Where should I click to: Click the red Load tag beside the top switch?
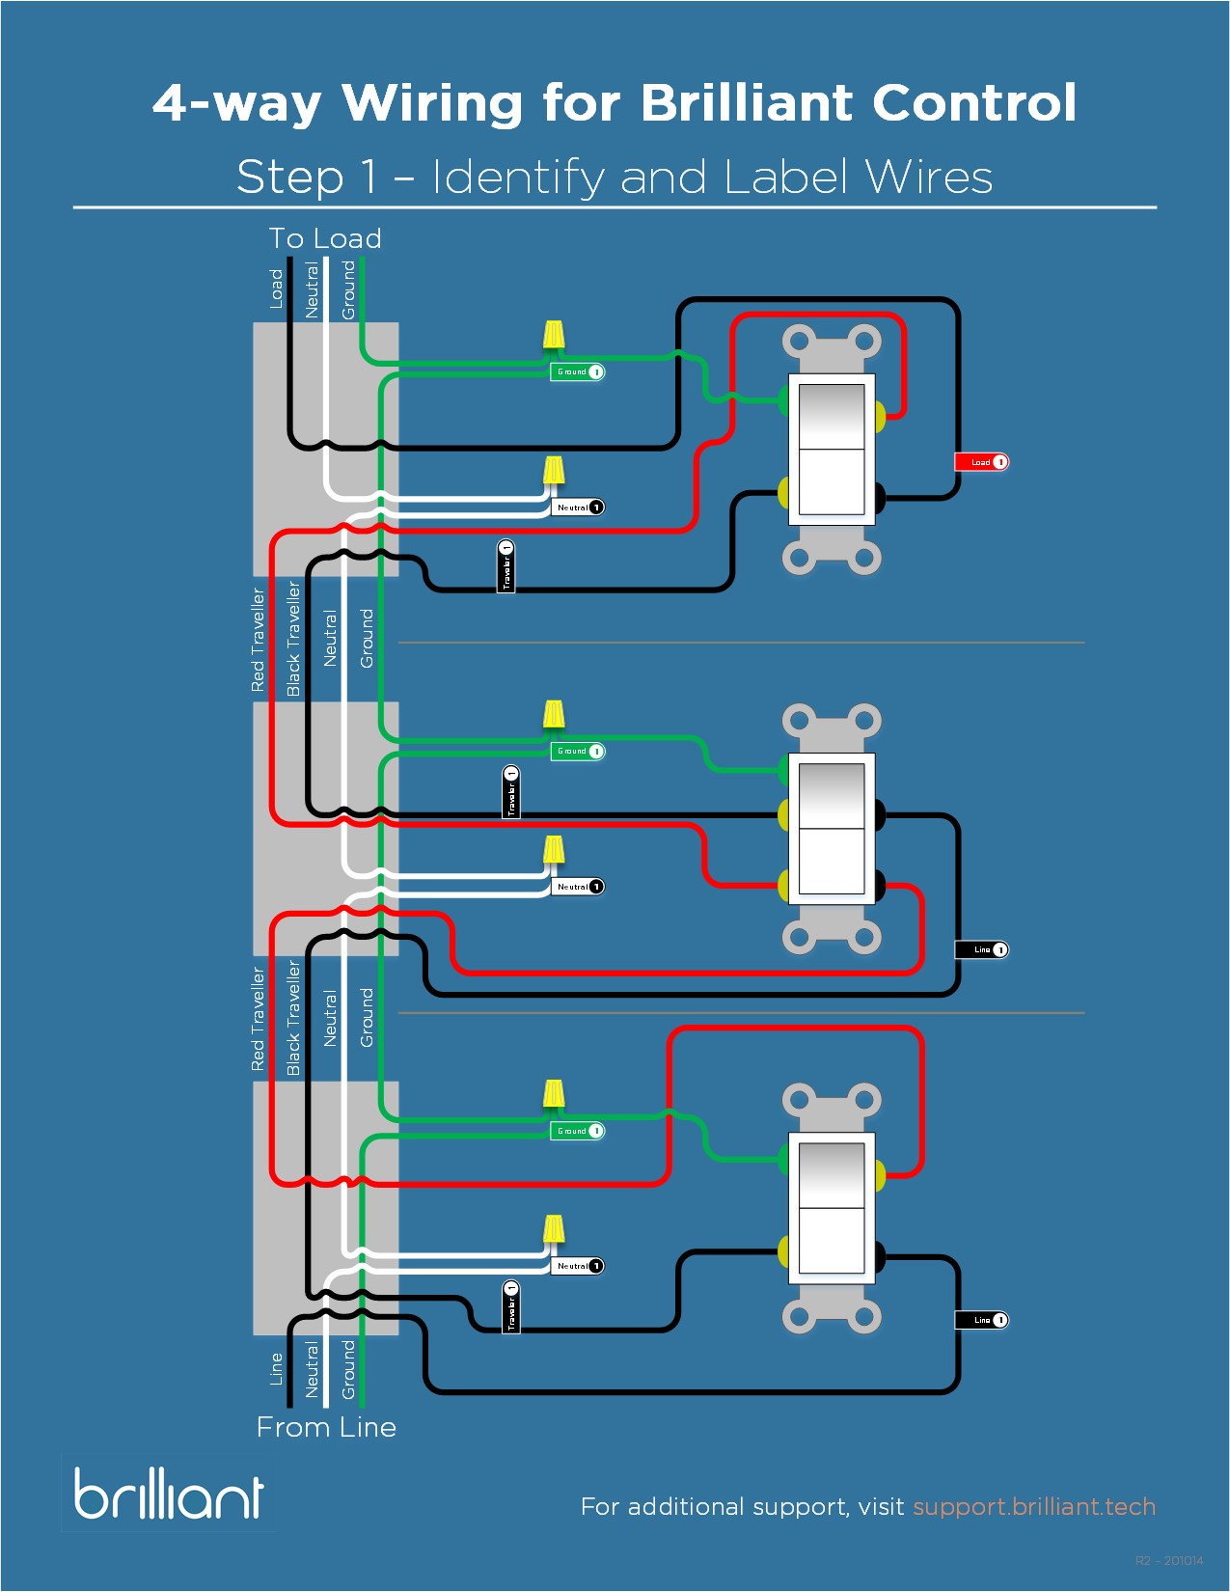coord(981,462)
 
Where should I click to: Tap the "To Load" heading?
coord(325,238)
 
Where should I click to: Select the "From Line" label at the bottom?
coord(326,1427)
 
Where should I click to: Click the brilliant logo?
coord(169,1495)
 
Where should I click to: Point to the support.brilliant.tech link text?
coord(1034,1507)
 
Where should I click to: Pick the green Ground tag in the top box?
coord(577,371)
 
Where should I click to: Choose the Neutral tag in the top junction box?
coord(577,508)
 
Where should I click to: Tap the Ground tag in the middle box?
coord(577,751)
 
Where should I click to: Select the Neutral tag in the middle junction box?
coord(577,887)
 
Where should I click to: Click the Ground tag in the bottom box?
coord(577,1131)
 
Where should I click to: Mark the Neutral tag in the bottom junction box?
coord(577,1266)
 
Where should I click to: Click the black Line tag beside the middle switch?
coord(981,950)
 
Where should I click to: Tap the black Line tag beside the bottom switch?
coord(981,1320)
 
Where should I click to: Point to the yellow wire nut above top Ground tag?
coord(554,335)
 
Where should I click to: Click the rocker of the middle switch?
coord(832,829)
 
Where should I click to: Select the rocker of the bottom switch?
coord(832,1208)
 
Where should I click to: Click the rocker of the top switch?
coord(832,450)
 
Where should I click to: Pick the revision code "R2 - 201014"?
coord(1169,1560)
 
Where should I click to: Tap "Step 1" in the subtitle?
coord(307,178)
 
